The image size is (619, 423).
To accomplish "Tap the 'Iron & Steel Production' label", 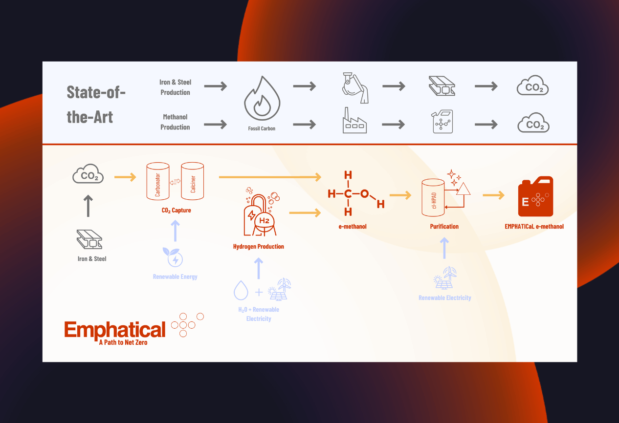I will (x=175, y=87).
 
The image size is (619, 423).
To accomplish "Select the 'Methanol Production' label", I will (x=175, y=122).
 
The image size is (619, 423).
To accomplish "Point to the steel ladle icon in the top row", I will (x=355, y=86).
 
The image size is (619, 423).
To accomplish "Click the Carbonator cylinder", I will (x=158, y=181).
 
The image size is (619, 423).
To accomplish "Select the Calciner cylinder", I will (x=193, y=181).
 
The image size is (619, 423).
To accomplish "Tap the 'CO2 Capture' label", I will (x=176, y=211).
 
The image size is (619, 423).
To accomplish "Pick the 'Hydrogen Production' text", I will (x=259, y=247).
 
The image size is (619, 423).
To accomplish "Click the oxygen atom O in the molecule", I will (x=364, y=194).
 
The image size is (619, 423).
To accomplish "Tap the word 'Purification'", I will (x=444, y=227).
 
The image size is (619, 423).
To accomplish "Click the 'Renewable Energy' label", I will (x=175, y=277).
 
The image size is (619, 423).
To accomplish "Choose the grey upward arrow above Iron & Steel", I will (x=88, y=206).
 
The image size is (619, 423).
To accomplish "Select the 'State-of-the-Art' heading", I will (x=96, y=105).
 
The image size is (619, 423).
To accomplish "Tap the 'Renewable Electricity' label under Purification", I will (x=445, y=298).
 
